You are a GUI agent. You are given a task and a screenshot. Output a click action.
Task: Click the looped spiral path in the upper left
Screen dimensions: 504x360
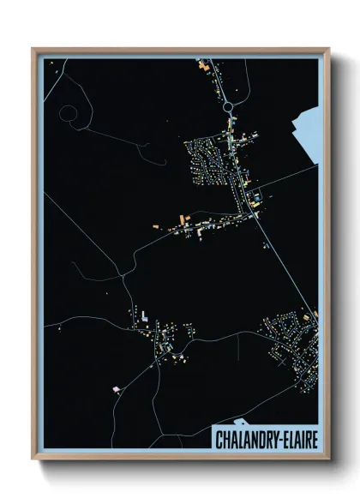point(69,113)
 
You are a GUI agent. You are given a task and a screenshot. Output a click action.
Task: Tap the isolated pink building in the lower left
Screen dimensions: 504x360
point(117,389)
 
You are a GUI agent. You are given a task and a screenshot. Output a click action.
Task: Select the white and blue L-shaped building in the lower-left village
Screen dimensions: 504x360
point(145,317)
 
